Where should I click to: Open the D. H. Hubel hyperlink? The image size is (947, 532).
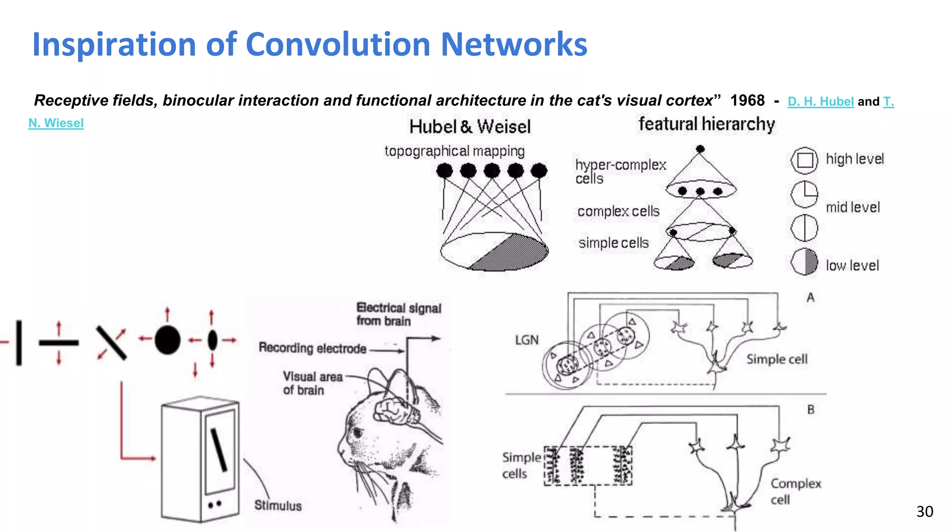pos(820,102)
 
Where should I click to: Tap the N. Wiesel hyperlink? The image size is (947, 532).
pos(56,123)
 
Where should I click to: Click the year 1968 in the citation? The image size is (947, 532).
pos(747,101)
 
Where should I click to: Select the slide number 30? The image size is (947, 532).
pos(924,512)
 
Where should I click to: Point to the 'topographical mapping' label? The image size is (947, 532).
pos(454,151)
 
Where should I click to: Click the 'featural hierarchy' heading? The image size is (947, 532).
pos(706,124)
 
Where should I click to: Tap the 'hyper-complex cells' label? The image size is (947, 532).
pos(620,171)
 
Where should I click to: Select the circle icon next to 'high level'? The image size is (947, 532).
pos(805,160)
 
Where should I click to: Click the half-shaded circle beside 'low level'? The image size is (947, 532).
pos(804,262)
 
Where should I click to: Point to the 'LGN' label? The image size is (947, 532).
pos(527,340)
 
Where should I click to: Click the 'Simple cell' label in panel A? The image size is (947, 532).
pos(777,359)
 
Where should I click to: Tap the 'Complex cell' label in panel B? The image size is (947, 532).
pos(795,491)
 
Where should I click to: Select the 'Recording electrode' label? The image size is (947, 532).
pos(312,348)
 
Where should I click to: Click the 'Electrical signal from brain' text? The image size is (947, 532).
pos(398,314)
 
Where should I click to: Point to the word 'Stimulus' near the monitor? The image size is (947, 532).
pos(277,505)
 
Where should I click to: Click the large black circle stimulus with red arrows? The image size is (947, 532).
pos(167,340)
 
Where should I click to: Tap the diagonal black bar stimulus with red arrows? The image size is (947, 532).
pos(111,343)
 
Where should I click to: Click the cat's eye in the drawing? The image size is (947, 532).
pos(357,433)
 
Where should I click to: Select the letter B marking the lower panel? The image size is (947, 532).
pos(811,410)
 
